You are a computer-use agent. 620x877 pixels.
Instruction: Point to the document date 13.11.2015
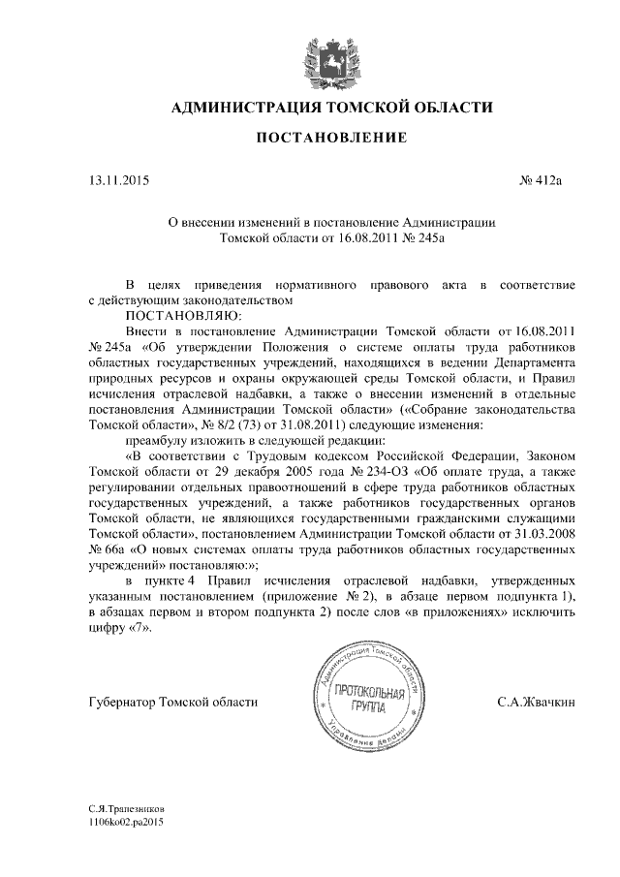click(x=119, y=179)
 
